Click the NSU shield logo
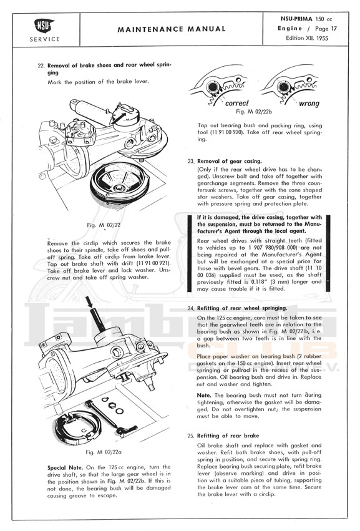tap(44, 26)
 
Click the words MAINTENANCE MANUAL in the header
tap(172, 29)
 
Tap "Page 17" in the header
tap(326, 29)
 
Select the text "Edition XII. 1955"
tap(307, 38)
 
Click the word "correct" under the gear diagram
tap(236, 102)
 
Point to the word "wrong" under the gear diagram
tap(309, 103)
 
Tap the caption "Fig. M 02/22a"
tap(104, 452)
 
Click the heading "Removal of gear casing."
tap(229, 161)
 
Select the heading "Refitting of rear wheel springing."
tap(242, 308)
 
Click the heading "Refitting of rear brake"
tap(228, 436)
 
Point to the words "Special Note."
tap(65, 467)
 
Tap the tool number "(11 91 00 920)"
tap(226, 132)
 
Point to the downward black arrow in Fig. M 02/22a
tap(89, 302)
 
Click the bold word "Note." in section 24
tap(204, 395)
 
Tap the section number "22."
tap(41, 66)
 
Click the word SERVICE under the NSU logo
tap(45, 39)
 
